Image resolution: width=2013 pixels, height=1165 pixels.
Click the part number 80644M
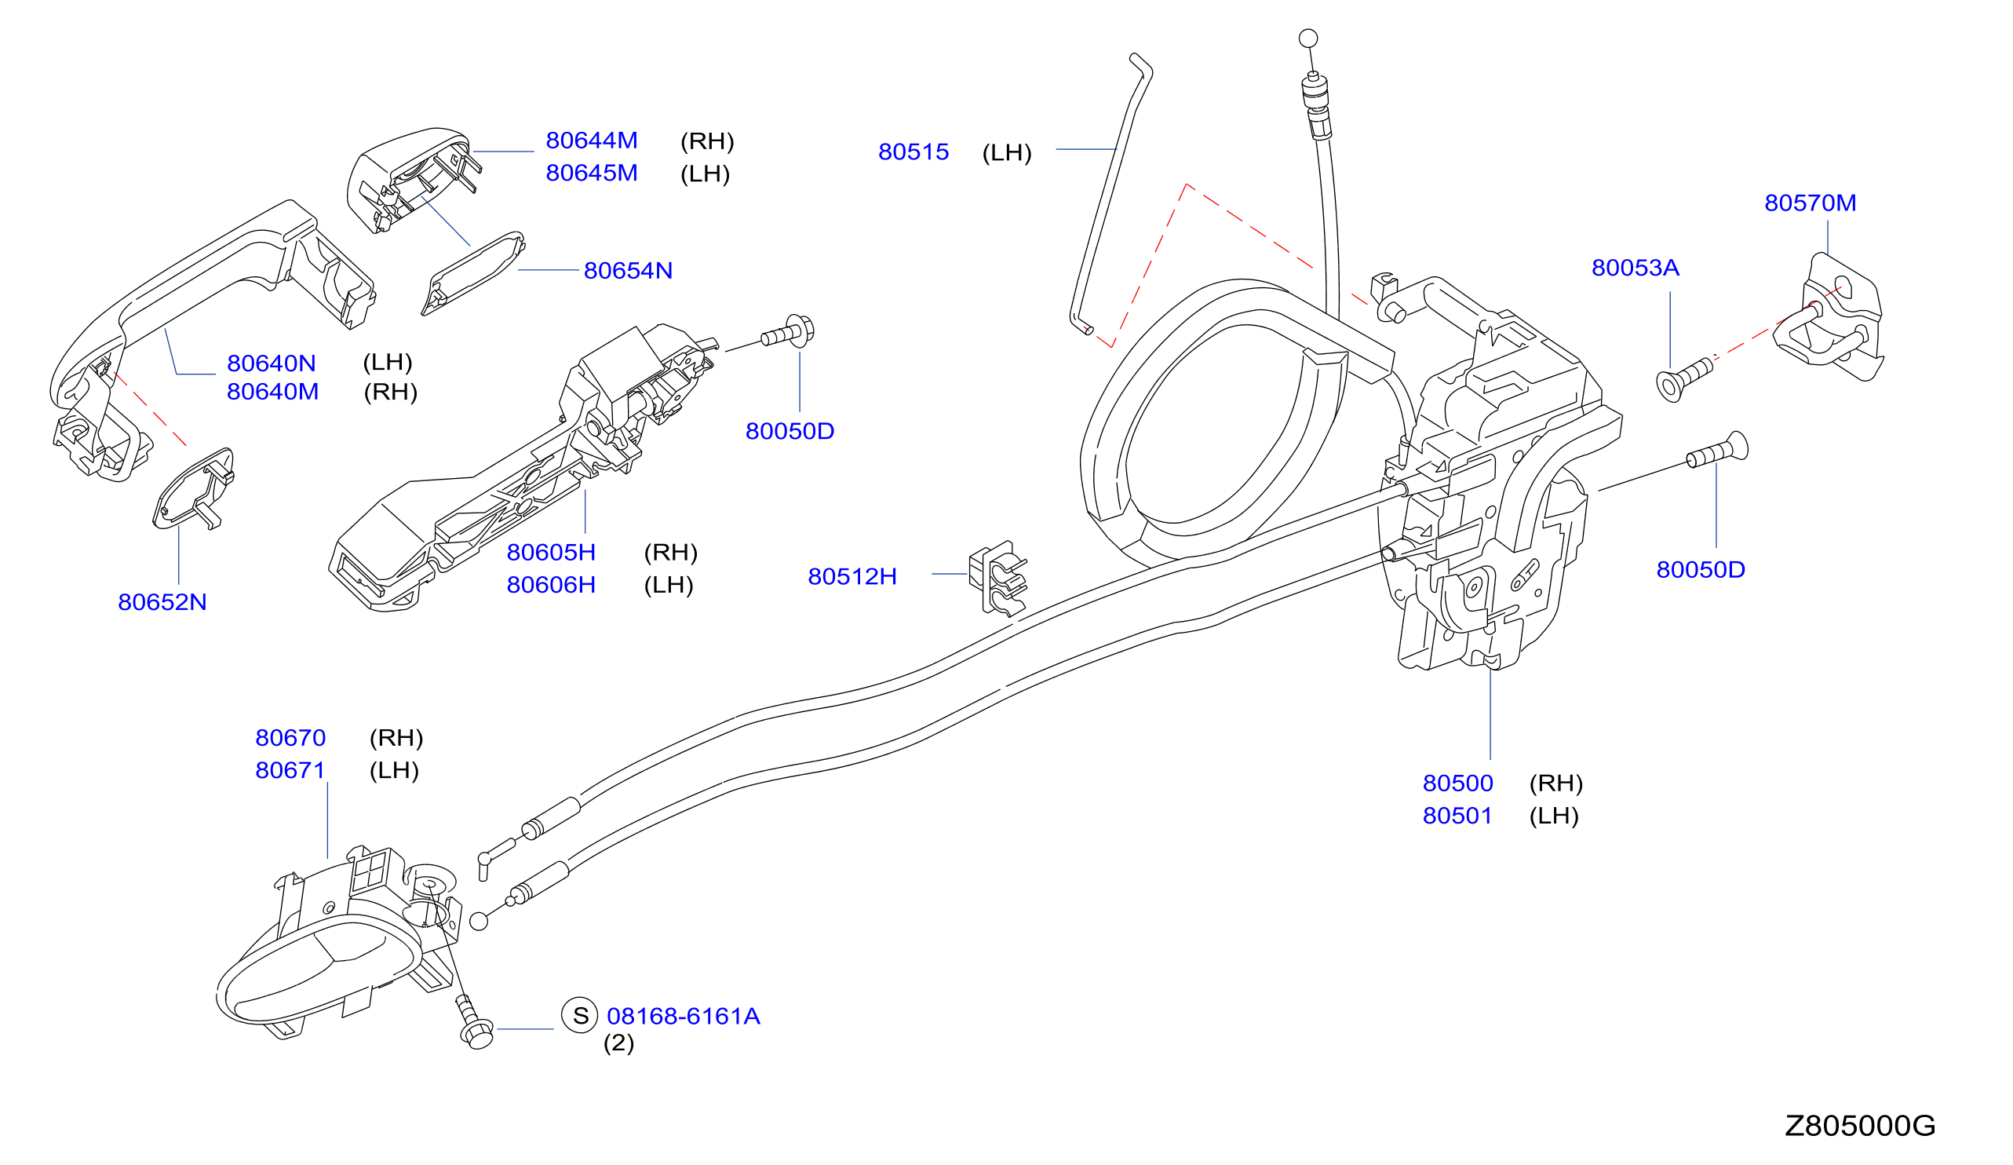(x=591, y=141)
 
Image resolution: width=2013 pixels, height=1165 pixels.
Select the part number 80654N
(x=628, y=271)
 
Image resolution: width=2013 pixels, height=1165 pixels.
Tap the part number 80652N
(x=162, y=602)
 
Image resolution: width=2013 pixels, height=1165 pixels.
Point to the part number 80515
(x=913, y=152)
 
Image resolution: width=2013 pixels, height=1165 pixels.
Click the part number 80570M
(x=1810, y=203)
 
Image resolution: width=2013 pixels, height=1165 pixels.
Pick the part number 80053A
(x=1636, y=268)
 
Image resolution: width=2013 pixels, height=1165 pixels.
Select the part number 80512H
(x=852, y=577)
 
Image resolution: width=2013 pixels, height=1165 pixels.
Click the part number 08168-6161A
(x=683, y=1017)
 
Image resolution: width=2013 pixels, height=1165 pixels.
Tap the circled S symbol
(x=580, y=1016)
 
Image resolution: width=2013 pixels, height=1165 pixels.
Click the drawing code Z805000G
(x=1861, y=1126)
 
